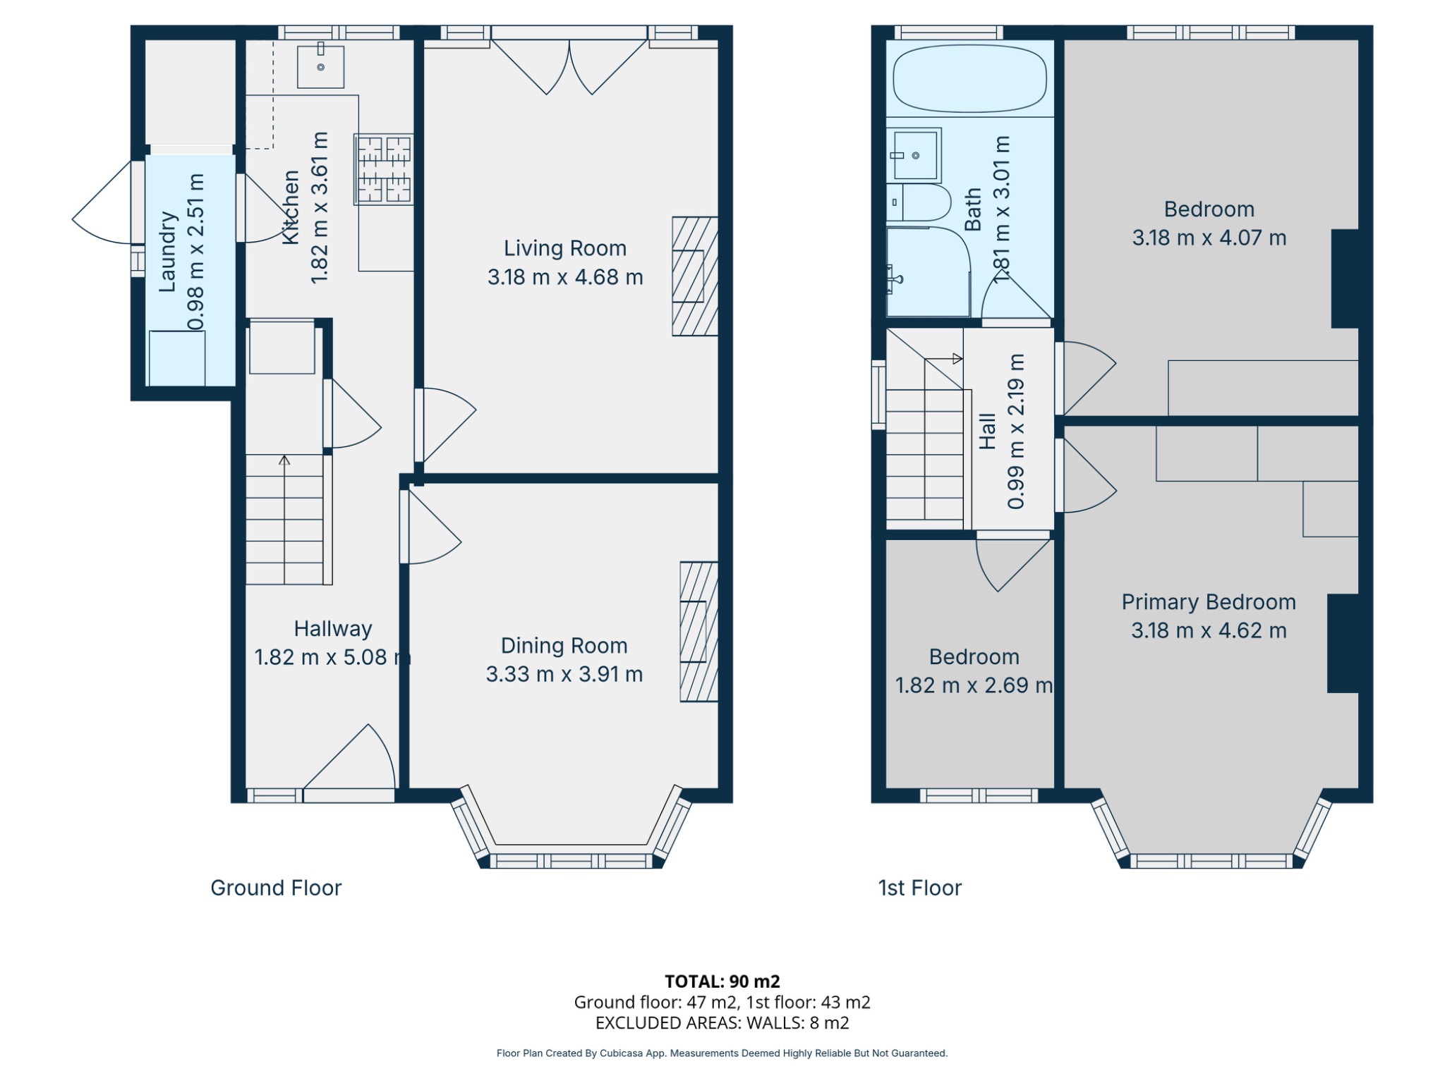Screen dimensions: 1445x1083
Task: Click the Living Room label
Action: click(564, 248)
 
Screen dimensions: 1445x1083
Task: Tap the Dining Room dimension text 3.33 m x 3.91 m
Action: click(564, 675)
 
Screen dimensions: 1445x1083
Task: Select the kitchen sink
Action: click(320, 66)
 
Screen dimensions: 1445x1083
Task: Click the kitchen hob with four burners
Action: click(384, 169)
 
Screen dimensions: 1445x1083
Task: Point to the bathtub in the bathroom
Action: click(969, 79)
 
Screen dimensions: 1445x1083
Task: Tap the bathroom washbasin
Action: click(914, 154)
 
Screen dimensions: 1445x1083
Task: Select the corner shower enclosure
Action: click(928, 271)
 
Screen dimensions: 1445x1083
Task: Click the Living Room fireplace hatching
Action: click(695, 276)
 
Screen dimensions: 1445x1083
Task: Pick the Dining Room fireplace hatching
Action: click(699, 632)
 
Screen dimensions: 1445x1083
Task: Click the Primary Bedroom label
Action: click(1209, 602)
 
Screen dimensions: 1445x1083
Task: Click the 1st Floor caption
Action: click(919, 888)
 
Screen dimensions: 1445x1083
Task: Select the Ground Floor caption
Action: click(276, 888)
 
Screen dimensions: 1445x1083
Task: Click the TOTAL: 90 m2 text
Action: click(722, 981)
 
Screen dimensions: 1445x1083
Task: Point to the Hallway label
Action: click(332, 629)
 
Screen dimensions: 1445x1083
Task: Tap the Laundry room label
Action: click(167, 252)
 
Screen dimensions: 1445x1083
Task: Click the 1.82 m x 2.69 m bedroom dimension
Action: click(974, 685)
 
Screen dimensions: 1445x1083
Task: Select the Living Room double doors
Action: click(569, 67)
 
